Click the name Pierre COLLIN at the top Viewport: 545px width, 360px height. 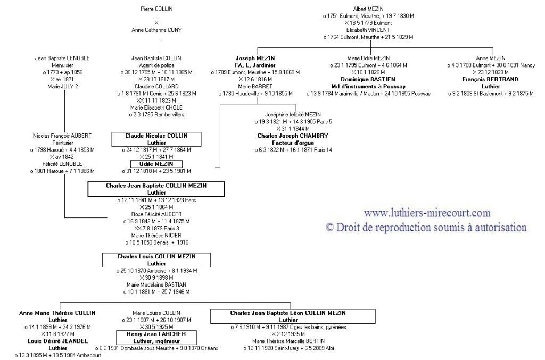tap(156, 9)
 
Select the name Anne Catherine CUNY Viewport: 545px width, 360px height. tap(156, 30)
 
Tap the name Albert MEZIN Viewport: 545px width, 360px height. tap(368, 9)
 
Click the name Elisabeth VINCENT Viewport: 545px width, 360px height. tap(368, 30)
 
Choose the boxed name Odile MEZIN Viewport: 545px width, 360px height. tap(156, 164)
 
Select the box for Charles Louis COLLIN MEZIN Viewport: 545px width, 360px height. tap(156, 259)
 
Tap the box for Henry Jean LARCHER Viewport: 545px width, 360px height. tap(156, 337)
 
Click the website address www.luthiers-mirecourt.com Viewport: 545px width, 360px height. tap(427, 213)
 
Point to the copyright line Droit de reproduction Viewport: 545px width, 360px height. tap(426, 227)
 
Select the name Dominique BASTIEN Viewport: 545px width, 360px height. tap(368, 79)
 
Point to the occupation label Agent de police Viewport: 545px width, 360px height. tap(156, 65)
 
